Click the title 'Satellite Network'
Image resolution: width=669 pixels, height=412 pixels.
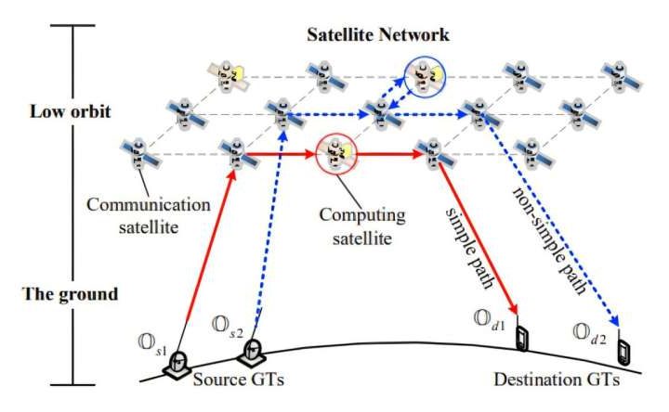point(378,36)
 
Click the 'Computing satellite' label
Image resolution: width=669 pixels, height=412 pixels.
point(362,225)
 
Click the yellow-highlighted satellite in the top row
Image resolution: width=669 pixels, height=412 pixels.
point(226,73)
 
